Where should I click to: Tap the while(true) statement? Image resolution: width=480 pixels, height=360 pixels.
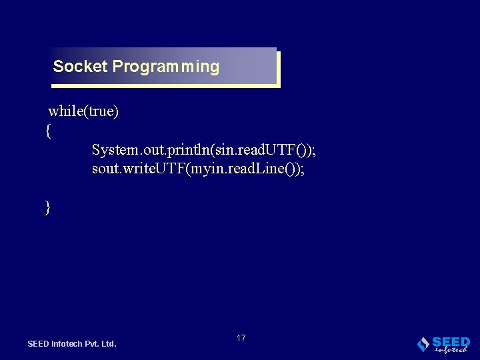[x=83, y=111]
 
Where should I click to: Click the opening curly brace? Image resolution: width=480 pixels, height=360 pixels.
[x=48, y=131]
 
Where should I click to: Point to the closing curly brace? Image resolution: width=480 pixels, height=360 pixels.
[x=48, y=207]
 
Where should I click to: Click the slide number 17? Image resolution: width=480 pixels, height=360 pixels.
[x=241, y=338]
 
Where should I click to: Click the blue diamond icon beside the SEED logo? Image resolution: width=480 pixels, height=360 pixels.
[x=423, y=344]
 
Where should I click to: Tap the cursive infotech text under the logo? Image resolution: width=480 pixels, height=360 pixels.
[x=451, y=349]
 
